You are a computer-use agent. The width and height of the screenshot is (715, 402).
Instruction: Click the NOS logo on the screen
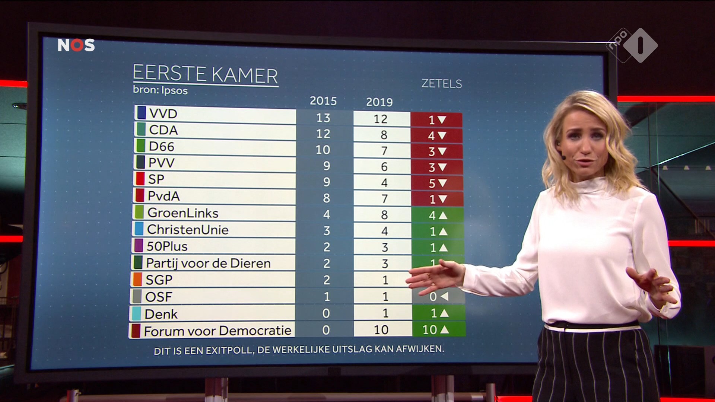76,45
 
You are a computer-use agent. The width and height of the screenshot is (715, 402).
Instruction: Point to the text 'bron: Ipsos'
160,90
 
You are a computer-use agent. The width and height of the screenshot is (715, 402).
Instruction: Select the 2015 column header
323,101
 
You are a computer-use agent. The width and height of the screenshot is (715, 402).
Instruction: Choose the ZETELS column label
441,84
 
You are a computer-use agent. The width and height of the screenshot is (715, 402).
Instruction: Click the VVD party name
163,114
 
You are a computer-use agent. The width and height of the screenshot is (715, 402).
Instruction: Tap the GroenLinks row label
183,213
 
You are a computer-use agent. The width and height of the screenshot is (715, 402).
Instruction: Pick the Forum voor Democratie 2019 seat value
381,330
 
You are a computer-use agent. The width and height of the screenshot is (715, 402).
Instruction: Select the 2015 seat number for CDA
323,134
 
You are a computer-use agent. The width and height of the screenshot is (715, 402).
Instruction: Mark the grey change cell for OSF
439,297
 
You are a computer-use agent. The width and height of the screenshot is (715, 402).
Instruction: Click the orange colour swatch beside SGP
137,280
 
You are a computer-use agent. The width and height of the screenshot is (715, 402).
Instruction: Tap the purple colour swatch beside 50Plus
139,246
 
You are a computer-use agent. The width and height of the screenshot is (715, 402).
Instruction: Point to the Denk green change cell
439,313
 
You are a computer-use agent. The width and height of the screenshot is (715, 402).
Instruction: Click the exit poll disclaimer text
299,350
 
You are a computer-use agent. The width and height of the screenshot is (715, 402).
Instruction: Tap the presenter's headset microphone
563,157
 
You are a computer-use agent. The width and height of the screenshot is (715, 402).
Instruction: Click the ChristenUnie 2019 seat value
384,231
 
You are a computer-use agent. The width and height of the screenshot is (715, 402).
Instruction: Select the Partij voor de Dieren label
208,263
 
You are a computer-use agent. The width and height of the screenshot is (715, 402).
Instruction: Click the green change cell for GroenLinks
438,215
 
